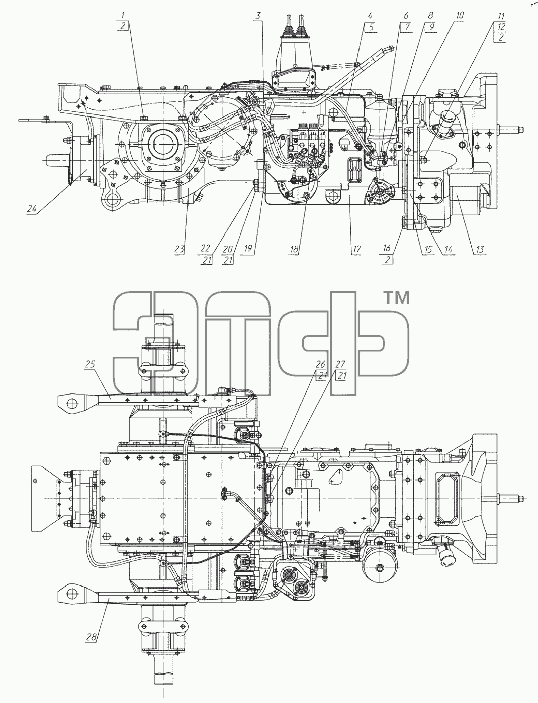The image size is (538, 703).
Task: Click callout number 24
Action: click(32, 209)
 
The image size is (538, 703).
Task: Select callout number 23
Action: click(179, 249)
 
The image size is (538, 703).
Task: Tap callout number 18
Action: click(294, 249)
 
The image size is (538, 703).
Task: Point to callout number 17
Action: click(356, 249)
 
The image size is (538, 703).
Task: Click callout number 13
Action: click(480, 249)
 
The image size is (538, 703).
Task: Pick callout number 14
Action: click(448, 249)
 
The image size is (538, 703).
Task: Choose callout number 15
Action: click(428, 249)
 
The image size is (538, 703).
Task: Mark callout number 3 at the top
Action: click(258, 16)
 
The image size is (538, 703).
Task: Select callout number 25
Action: click(91, 364)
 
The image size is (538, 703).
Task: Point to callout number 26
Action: click(320, 364)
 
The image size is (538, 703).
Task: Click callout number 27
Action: click(340, 364)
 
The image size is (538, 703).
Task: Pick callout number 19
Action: click(248, 249)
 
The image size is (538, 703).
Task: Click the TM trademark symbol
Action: click(397, 297)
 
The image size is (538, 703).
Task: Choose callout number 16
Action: click(387, 248)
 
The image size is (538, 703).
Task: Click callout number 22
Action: click(205, 248)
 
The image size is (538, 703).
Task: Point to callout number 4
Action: click(370, 16)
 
